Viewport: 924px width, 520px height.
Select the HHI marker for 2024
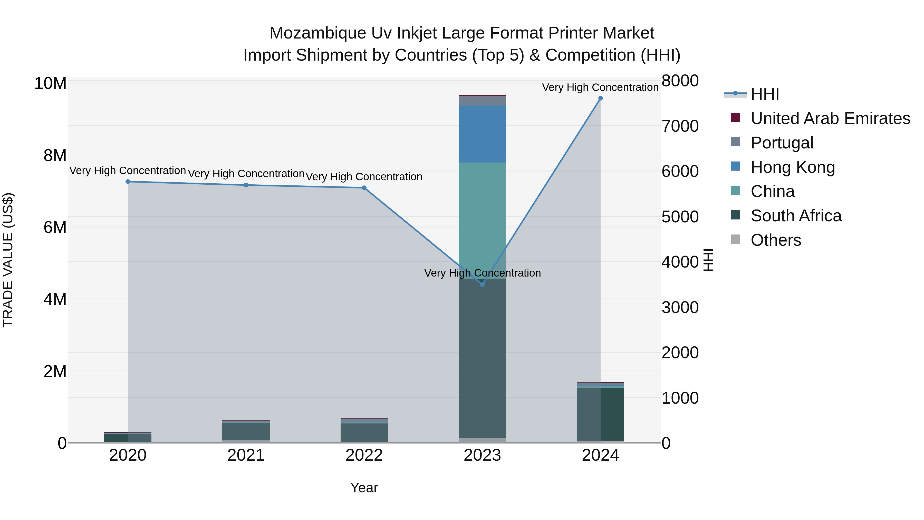[x=600, y=98]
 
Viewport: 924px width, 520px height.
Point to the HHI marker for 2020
[x=128, y=182]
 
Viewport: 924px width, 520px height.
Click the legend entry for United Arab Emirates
[x=830, y=118]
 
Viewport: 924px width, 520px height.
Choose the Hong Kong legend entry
[x=793, y=167]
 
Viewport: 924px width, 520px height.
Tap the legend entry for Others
[x=775, y=240]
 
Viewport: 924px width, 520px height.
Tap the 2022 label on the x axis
[x=364, y=455]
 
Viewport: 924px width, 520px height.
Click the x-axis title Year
[x=364, y=488]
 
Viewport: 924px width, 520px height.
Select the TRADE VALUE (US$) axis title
[x=8, y=260]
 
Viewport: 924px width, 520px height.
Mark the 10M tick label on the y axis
[x=50, y=83]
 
